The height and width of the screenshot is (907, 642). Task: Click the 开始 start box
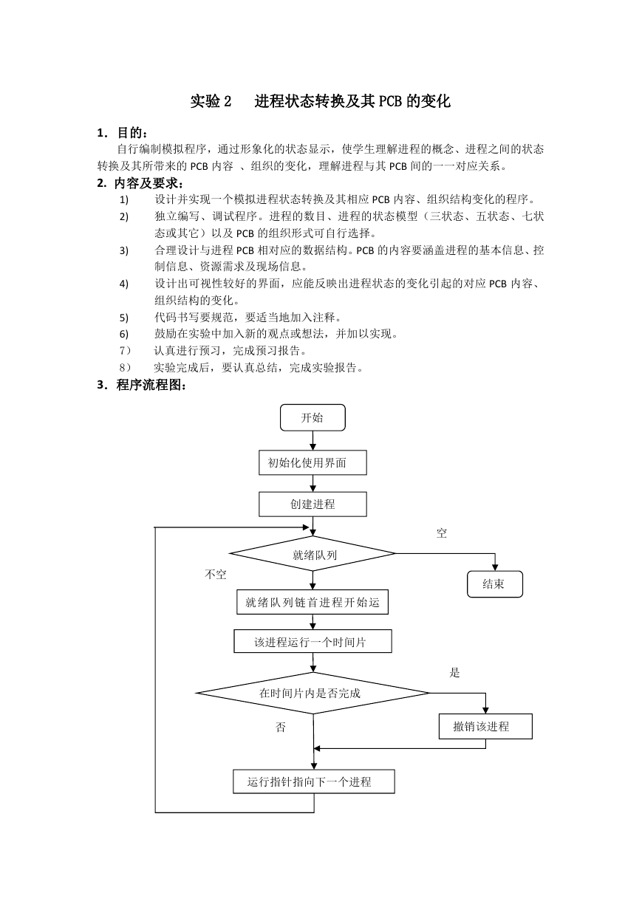coord(313,417)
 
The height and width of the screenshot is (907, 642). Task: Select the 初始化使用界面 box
coord(313,462)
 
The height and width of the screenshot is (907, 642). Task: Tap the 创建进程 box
coord(313,504)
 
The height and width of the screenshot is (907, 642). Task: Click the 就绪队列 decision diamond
coord(313,553)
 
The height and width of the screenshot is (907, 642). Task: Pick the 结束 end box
coord(494,584)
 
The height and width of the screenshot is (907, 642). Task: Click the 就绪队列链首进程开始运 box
coord(313,602)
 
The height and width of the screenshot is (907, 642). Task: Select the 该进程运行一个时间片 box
coord(313,641)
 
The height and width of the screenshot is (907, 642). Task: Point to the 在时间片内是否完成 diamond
coord(313,694)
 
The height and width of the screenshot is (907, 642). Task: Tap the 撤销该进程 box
coord(485,726)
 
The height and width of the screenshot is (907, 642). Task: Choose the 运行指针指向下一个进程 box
coord(313,781)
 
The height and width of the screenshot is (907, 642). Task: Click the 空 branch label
coord(442,533)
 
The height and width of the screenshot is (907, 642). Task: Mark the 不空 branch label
coord(216,574)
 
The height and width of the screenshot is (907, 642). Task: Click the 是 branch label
coord(454,673)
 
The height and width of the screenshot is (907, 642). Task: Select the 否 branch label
coord(281,728)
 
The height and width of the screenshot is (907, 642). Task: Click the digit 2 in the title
coord(227,101)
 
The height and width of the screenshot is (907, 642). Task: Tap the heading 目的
coord(129,132)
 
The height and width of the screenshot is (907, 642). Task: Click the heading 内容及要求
coord(146,183)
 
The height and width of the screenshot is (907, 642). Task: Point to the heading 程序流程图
coord(148,385)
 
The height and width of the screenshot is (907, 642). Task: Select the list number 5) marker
coord(123,318)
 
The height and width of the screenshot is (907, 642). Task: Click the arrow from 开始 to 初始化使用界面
coord(313,440)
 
